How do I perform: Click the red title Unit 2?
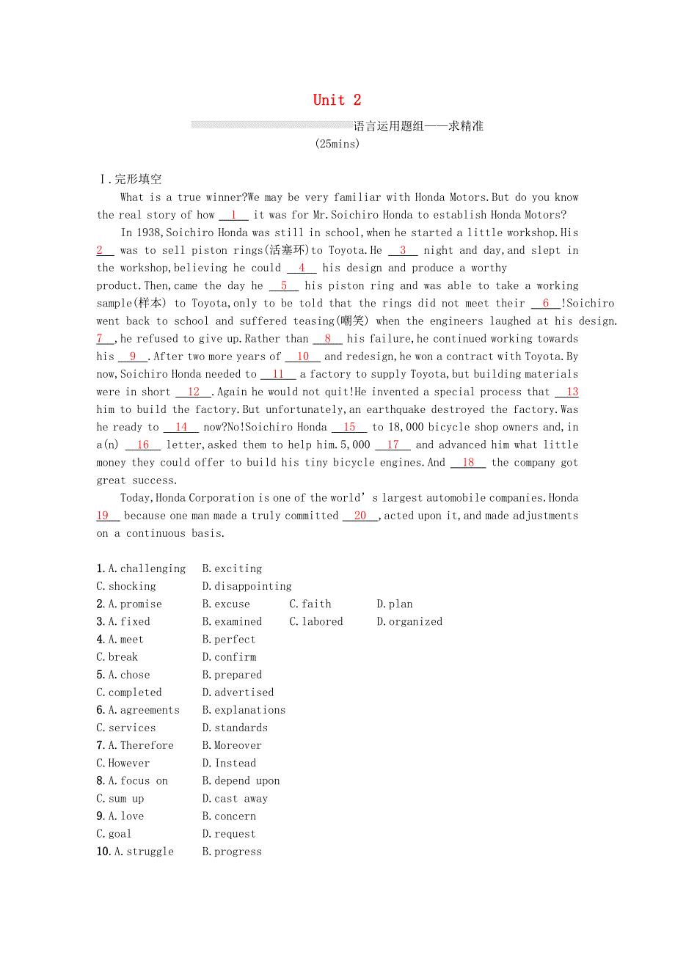click(337, 100)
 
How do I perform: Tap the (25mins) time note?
click(337, 144)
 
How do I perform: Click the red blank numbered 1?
click(233, 215)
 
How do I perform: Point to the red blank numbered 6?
click(546, 303)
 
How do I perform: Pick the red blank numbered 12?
click(193, 392)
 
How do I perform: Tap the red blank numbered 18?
click(468, 462)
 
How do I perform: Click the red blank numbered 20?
click(360, 516)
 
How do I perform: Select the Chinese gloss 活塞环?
click(290, 250)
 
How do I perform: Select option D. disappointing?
click(247, 586)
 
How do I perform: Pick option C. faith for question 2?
click(310, 604)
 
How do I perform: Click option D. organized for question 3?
click(409, 621)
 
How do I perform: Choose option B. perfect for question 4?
click(229, 640)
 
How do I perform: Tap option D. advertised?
click(238, 692)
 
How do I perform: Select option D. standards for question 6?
click(235, 728)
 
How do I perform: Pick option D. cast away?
click(235, 799)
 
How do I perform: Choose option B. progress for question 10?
click(232, 852)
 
